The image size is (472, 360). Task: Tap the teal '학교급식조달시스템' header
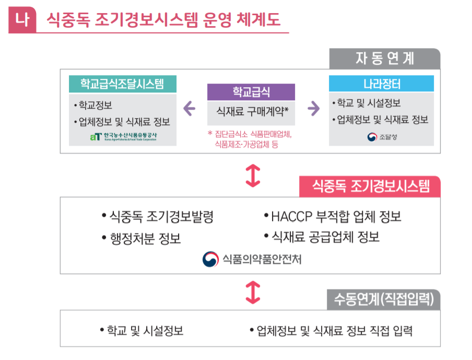(122, 84)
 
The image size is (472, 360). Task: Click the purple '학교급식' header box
(251, 92)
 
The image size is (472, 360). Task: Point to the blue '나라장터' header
(381, 84)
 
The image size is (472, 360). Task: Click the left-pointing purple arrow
(190, 109)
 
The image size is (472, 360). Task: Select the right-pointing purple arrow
(313, 109)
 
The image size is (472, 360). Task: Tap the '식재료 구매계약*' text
(251, 111)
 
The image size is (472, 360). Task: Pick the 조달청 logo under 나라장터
(381, 137)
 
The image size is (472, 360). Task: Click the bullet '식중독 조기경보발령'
(157, 217)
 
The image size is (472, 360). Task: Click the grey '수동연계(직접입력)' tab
(384, 299)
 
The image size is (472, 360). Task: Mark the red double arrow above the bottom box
(252, 292)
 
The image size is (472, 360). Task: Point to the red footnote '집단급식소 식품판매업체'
(250, 134)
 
